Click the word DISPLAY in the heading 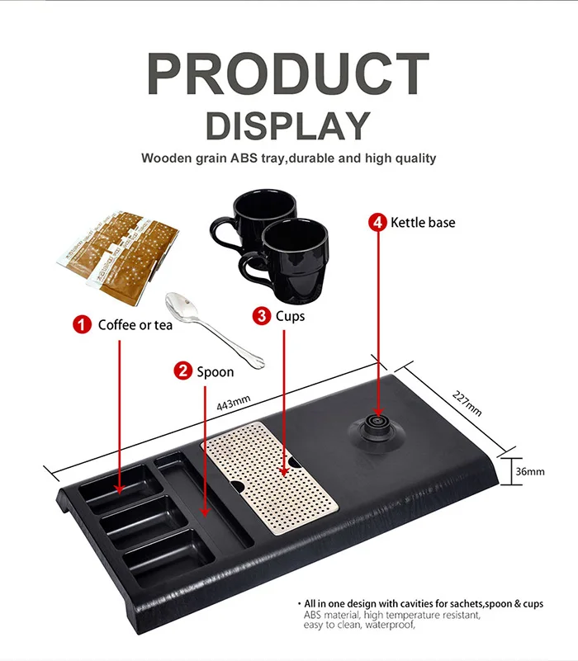[288, 125]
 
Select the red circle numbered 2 [182, 371]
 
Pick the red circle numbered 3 [262, 315]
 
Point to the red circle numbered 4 [379, 222]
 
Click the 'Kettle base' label [423, 222]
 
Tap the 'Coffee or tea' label [135, 325]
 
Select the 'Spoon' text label [215, 372]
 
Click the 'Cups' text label [290, 316]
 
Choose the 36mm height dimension [528, 471]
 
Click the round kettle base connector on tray [377, 426]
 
